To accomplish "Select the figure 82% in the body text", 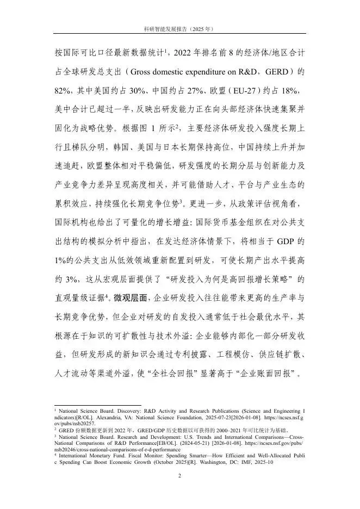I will pyautogui.click(x=65, y=90).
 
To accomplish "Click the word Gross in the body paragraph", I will pyautogui.click(x=147, y=71).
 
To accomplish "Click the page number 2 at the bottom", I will pyautogui.click(x=180, y=476).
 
